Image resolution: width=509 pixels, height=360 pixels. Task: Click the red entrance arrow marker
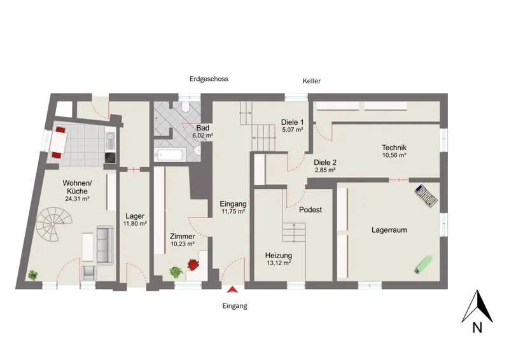232,289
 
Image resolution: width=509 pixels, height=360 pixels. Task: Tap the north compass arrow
477,307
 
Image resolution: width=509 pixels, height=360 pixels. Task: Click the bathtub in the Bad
170,155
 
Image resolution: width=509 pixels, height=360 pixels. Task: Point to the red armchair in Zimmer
193,264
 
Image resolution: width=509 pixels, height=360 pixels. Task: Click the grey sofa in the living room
105,246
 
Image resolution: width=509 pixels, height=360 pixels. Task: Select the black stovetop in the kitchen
110,158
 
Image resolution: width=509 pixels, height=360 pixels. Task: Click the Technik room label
394,148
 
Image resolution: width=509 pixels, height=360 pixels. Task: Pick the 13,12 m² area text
279,263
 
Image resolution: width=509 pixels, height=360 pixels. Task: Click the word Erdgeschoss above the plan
209,79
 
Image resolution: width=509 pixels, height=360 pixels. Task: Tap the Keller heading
311,81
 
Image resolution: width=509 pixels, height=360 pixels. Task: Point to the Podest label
310,210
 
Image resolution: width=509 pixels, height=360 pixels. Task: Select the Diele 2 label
325,163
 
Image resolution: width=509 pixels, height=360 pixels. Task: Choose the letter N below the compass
477,328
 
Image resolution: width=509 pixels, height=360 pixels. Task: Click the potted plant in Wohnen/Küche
32,275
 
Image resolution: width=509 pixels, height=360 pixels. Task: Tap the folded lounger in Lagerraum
425,195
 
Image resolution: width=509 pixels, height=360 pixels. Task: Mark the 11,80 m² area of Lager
135,224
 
